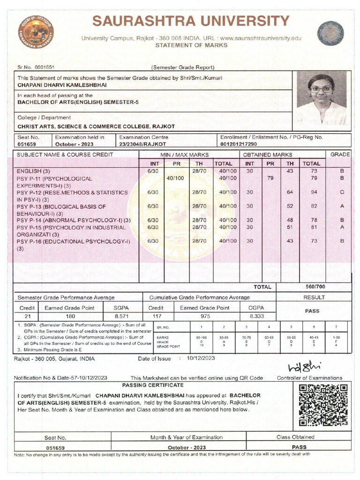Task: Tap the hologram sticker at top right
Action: click(x=330, y=32)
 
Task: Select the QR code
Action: click(x=323, y=405)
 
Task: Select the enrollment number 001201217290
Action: click(x=239, y=144)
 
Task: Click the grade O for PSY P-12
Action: click(x=342, y=192)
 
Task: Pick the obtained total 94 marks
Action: click(x=314, y=192)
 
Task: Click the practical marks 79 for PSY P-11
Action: click(x=270, y=178)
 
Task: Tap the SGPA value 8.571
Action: click(x=121, y=316)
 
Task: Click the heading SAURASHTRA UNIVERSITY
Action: click(x=190, y=22)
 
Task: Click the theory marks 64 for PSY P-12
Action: click(x=290, y=192)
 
